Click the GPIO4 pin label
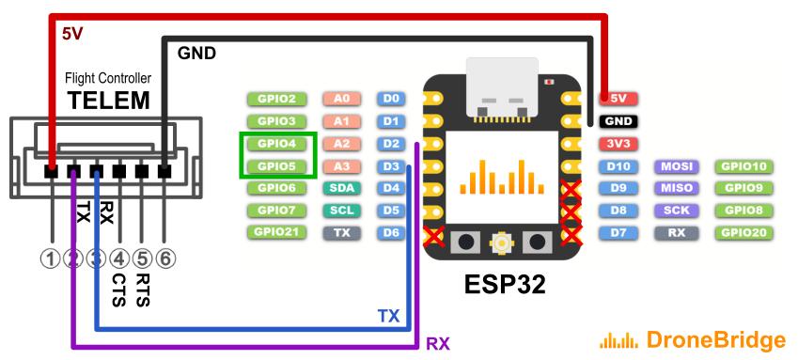click(x=277, y=144)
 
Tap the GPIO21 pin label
click(x=277, y=232)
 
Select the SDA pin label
click(x=341, y=188)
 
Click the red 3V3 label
click(x=618, y=144)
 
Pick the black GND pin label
click(x=618, y=121)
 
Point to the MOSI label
click(x=677, y=166)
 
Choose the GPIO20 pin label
click(x=744, y=233)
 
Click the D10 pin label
click(x=618, y=166)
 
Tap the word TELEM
click(x=108, y=100)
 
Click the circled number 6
click(x=165, y=259)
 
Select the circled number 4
click(x=119, y=259)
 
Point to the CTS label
click(x=118, y=290)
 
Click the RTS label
click(x=143, y=290)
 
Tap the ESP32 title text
click(x=505, y=285)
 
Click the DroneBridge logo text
click(x=716, y=340)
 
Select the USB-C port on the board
click(x=502, y=87)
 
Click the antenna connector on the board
click(x=502, y=243)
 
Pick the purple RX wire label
click(x=438, y=344)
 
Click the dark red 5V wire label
click(x=72, y=34)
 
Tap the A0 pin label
click(x=341, y=99)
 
